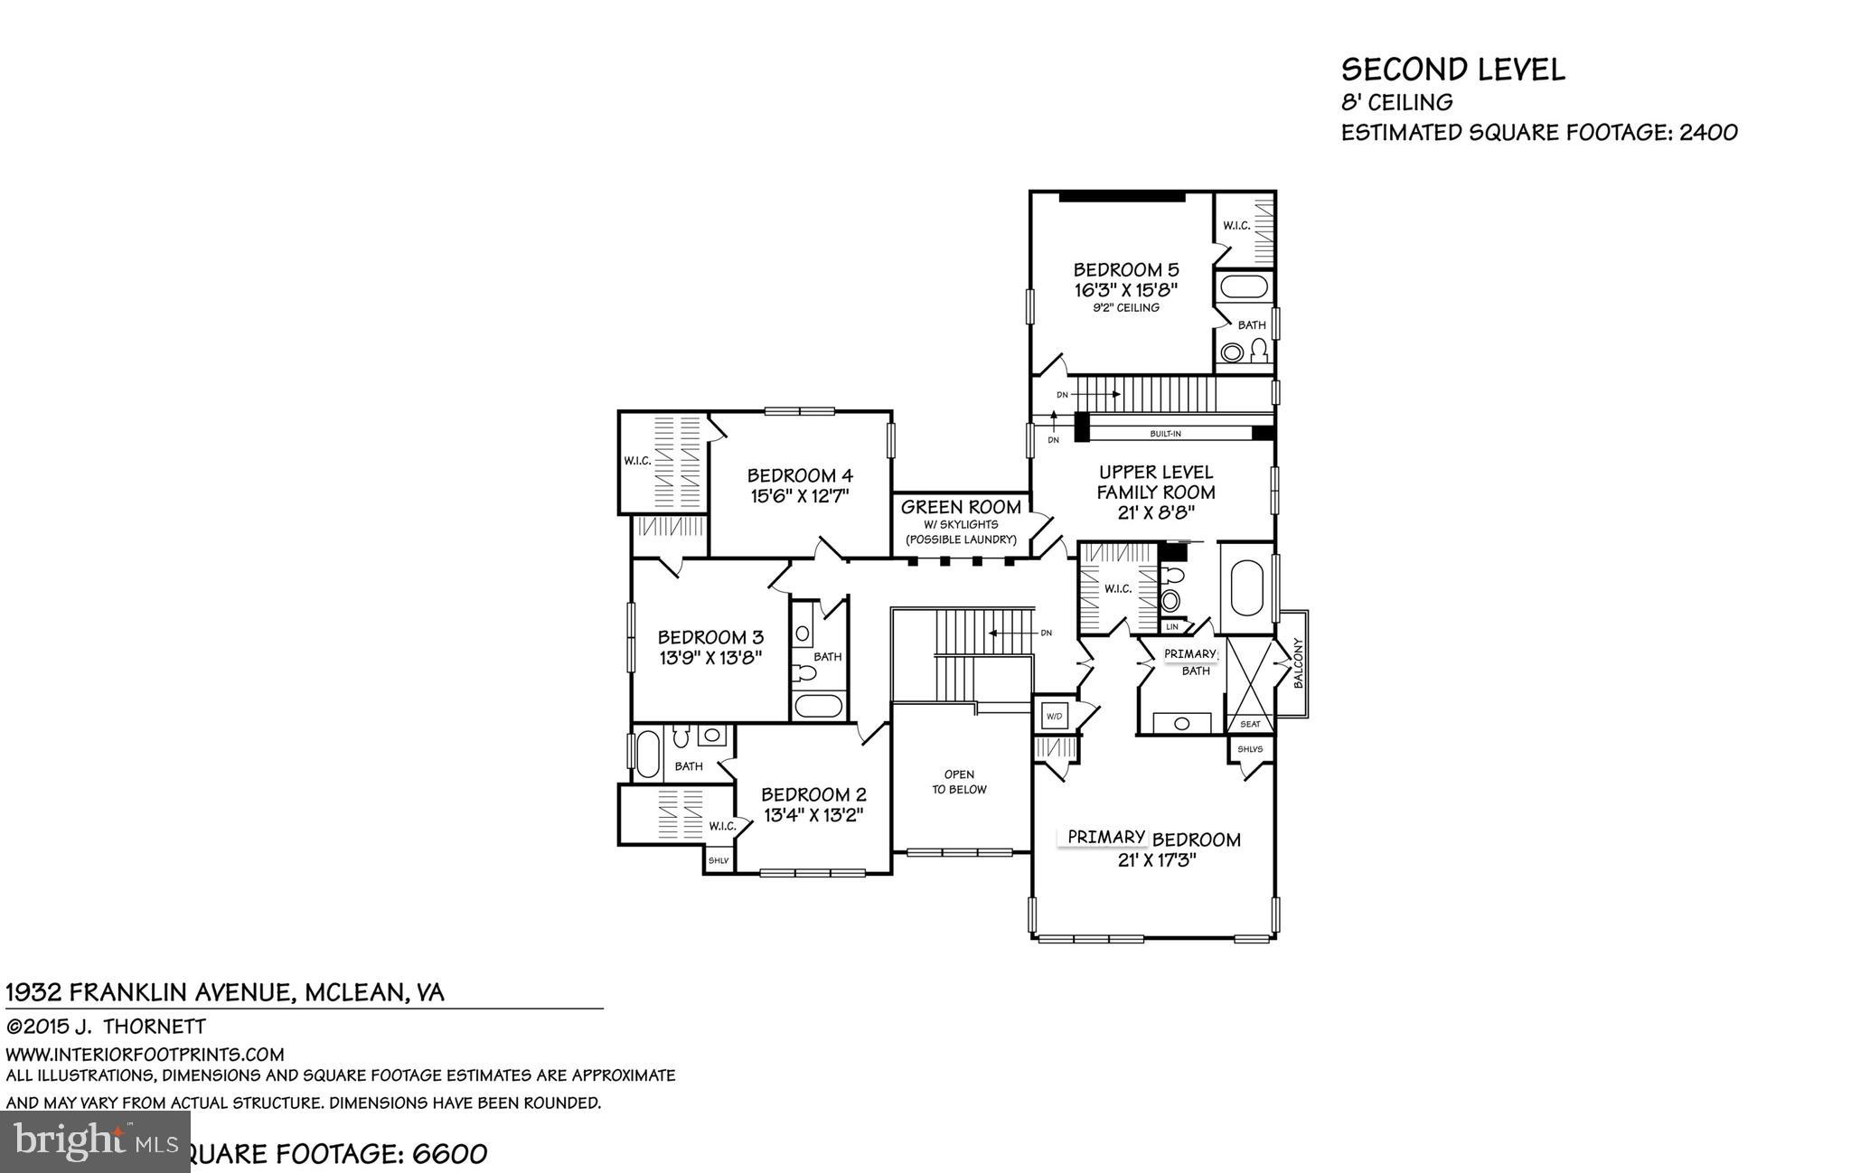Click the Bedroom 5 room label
point(1125,269)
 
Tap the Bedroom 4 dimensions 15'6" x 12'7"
point(800,496)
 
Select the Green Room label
point(961,508)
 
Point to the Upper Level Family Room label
point(1155,483)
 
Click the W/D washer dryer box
point(1054,717)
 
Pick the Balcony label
point(1299,664)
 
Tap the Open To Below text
point(959,782)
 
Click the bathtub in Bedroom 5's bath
point(1245,288)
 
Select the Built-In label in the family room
point(1165,434)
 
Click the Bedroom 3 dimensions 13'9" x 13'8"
point(710,658)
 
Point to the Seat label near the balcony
point(1250,724)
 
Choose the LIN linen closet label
point(1172,626)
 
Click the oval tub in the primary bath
point(1247,586)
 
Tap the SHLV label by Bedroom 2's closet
point(719,860)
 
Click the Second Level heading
point(1452,70)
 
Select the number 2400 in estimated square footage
point(1707,133)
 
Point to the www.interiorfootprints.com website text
point(145,1054)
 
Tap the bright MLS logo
point(95,1141)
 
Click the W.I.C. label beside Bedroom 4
point(637,461)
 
